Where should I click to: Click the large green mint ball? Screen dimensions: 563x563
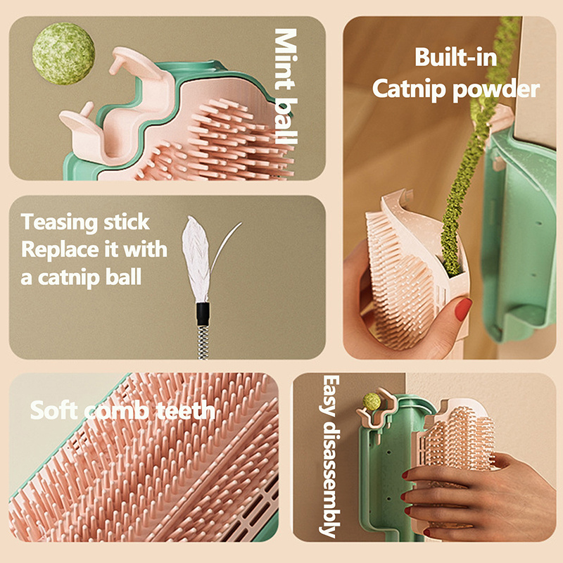(63, 53)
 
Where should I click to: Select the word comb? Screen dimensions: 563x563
(119, 410)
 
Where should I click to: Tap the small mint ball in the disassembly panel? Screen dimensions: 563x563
(371, 401)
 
